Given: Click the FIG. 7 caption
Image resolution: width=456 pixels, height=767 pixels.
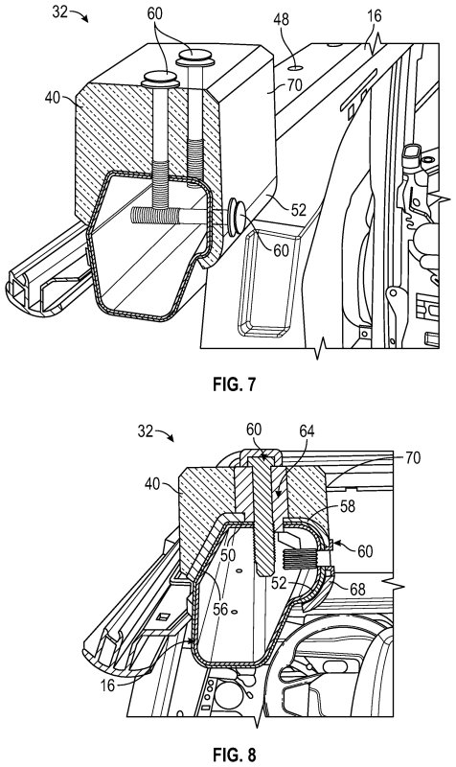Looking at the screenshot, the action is (x=234, y=384).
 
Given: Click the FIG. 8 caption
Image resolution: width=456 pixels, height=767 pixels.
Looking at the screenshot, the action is (x=234, y=755).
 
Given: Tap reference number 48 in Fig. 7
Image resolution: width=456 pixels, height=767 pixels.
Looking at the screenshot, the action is (x=282, y=19).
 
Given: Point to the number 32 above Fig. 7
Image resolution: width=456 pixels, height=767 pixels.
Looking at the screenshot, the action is (x=59, y=12).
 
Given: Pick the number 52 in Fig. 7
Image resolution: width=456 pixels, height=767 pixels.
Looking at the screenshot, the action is (x=298, y=210).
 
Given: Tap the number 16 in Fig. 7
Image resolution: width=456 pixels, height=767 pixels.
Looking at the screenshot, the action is (x=374, y=15).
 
